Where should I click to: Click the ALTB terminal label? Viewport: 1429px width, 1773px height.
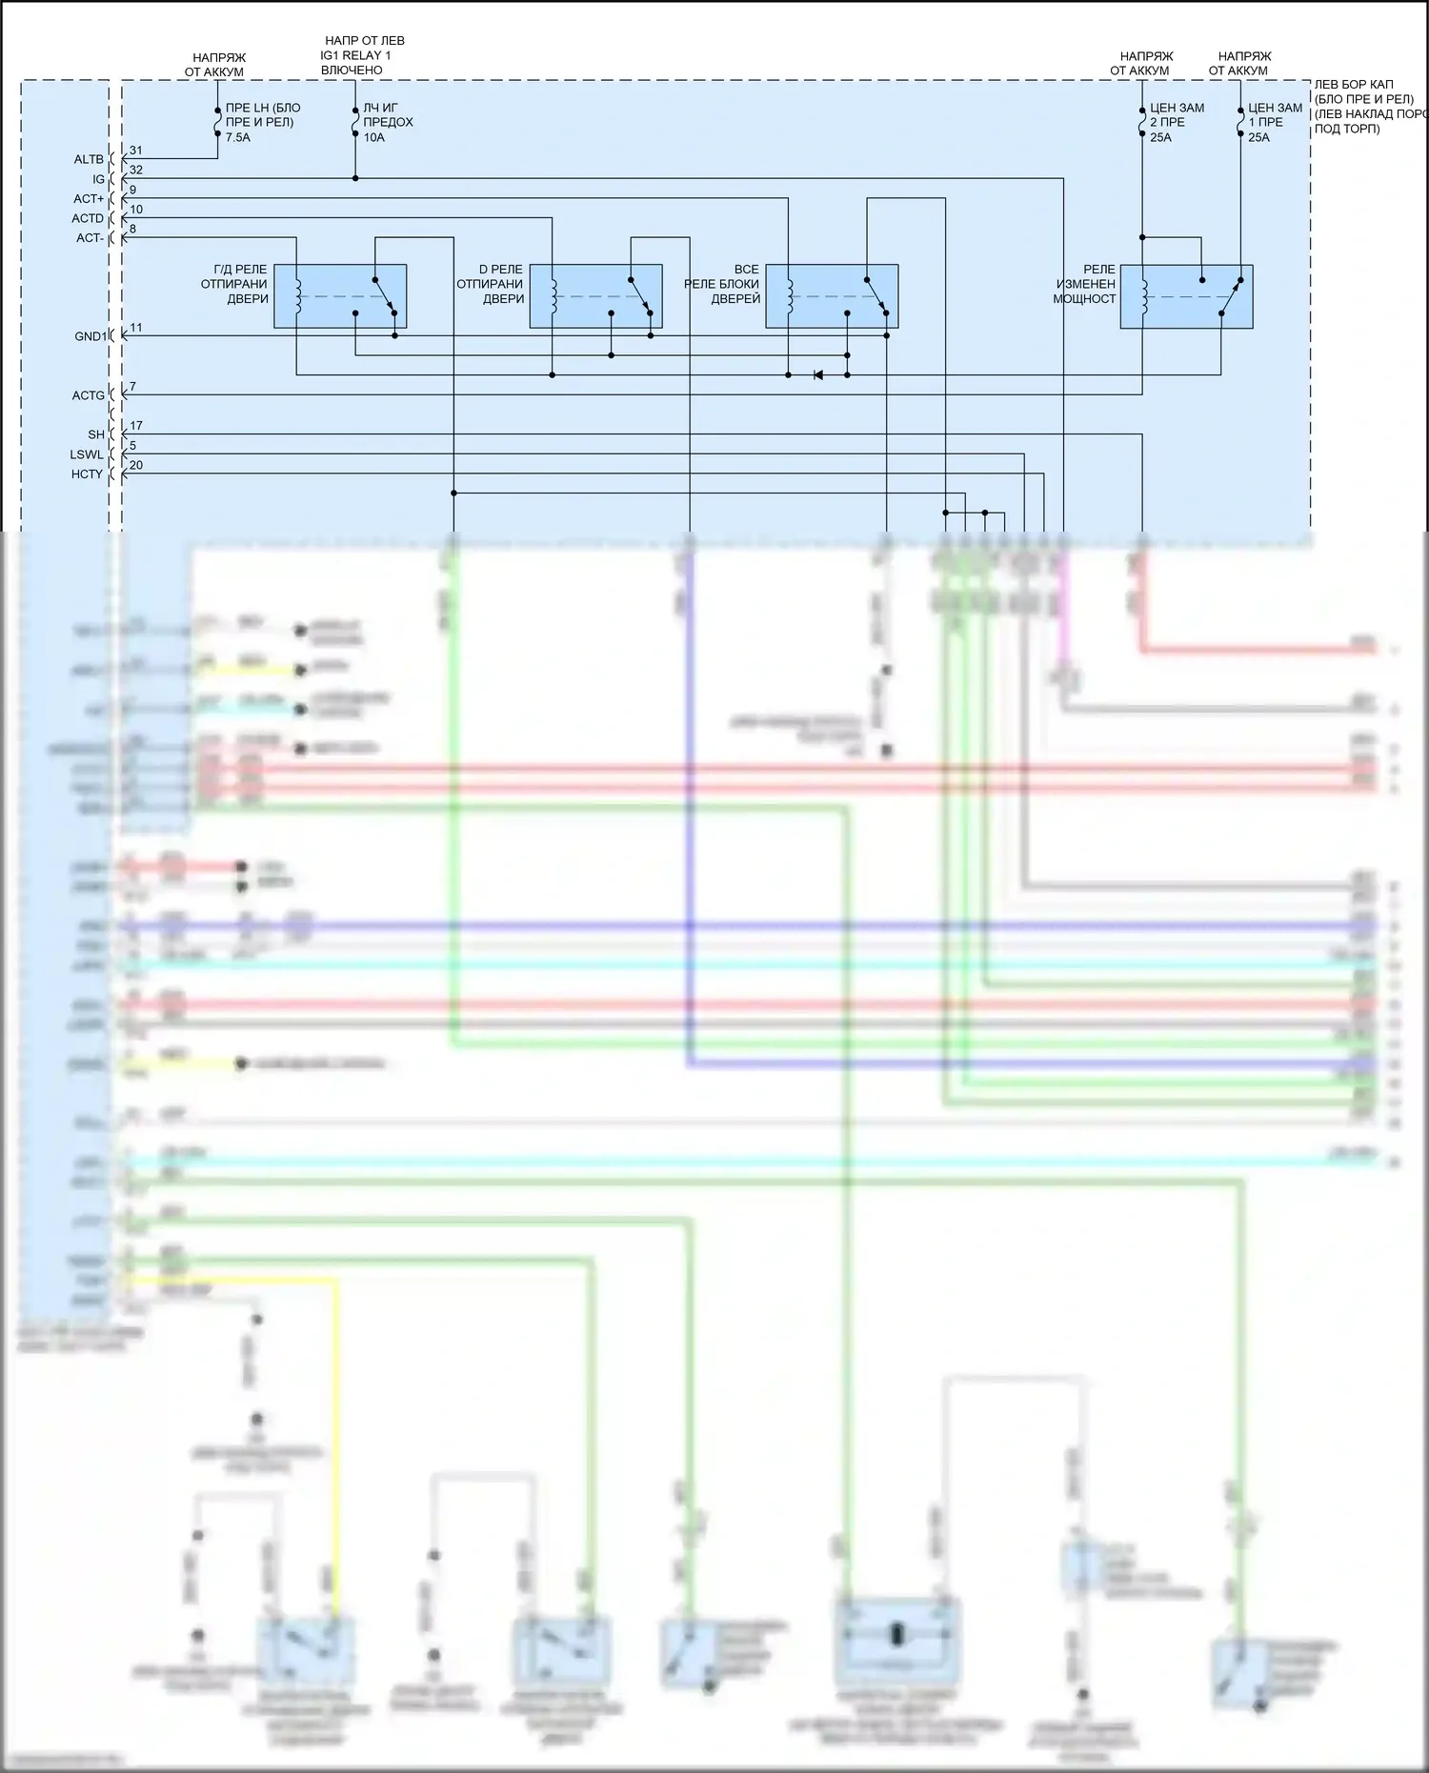pos(89,159)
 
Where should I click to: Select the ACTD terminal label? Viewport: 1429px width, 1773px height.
pos(88,218)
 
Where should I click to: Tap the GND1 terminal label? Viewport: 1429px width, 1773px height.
pos(91,336)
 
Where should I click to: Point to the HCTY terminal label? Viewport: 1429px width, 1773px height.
pos(87,473)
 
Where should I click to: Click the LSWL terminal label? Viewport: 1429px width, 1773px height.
pos(87,454)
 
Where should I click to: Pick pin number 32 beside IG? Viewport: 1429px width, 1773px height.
pos(136,170)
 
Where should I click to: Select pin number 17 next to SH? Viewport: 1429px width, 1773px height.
pos(136,426)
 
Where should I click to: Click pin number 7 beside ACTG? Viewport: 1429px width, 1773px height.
pos(132,387)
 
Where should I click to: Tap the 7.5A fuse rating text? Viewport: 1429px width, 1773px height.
pos(238,137)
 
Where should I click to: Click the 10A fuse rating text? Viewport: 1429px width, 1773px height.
pos(373,137)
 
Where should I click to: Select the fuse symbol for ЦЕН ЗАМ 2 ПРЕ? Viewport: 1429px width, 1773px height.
pos(1142,122)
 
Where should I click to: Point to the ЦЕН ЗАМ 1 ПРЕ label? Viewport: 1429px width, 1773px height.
pos(1275,114)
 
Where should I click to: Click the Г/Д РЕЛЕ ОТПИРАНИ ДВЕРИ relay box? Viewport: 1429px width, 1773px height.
pos(340,296)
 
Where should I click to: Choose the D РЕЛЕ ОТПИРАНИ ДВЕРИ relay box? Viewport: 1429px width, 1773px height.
pos(595,296)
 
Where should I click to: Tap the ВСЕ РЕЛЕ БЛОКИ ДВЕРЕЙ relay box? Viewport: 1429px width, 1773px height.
pos(832,296)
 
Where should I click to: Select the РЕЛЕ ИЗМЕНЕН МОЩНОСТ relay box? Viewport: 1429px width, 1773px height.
pos(1186,296)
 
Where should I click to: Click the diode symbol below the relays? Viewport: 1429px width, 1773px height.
pos(817,375)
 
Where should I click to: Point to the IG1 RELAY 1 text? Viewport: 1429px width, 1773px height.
pos(355,55)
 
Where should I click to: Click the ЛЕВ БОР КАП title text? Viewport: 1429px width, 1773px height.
pos(1353,85)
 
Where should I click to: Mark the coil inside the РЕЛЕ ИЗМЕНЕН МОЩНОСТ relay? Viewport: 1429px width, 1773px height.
pos(1143,296)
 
